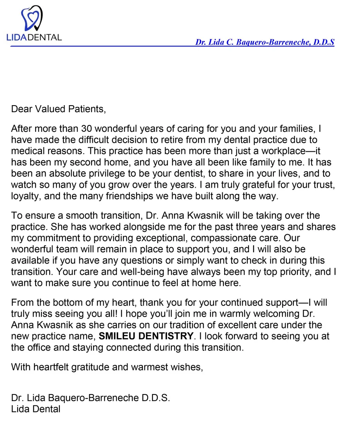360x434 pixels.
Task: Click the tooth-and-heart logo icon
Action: (31, 18)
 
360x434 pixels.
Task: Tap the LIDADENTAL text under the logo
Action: (34, 38)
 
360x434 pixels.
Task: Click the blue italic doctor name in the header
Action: (265, 42)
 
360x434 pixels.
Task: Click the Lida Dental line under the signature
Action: (36, 409)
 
